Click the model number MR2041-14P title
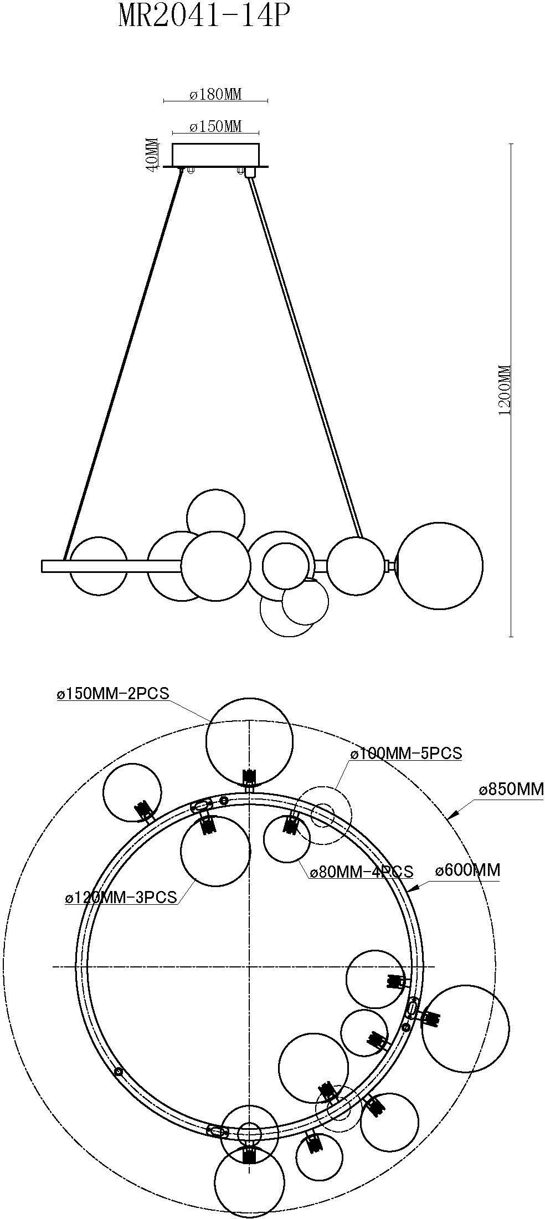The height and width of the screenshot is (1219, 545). (203, 17)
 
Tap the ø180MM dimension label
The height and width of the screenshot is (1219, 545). (215, 94)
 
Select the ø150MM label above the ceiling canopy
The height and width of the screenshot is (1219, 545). (215, 126)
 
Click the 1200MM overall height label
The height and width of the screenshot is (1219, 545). (505, 390)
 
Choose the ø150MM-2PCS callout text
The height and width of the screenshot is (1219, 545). (112, 693)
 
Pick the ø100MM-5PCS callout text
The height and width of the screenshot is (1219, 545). (406, 754)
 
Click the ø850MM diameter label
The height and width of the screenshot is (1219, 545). (511, 788)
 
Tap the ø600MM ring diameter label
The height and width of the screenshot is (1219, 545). (467, 870)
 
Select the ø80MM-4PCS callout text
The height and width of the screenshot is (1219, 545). (361, 872)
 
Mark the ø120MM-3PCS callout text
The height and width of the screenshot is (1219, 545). (121, 897)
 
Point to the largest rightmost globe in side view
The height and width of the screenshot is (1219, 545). (440, 566)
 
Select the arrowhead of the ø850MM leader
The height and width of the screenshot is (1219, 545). (450, 816)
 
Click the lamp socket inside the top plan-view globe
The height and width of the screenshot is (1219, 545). (250, 776)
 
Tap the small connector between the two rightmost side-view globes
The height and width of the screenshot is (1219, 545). (391, 566)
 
